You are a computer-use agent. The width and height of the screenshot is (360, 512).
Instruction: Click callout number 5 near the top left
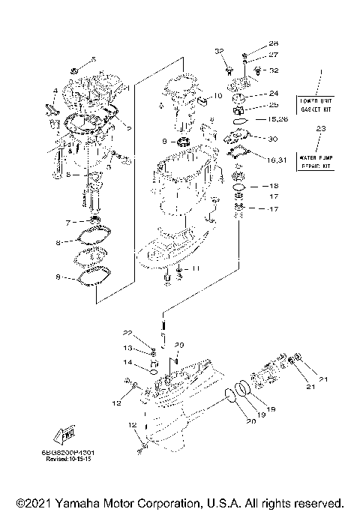click(x=94, y=59)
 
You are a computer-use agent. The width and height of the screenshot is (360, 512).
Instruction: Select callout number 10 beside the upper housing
click(x=218, y=96)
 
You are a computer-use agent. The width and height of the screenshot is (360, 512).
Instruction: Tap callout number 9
click(x=164, y=141)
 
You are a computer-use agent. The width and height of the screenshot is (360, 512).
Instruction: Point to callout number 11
click(x=196, y=268)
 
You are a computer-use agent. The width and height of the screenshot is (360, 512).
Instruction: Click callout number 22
click(x=127, y=332)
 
